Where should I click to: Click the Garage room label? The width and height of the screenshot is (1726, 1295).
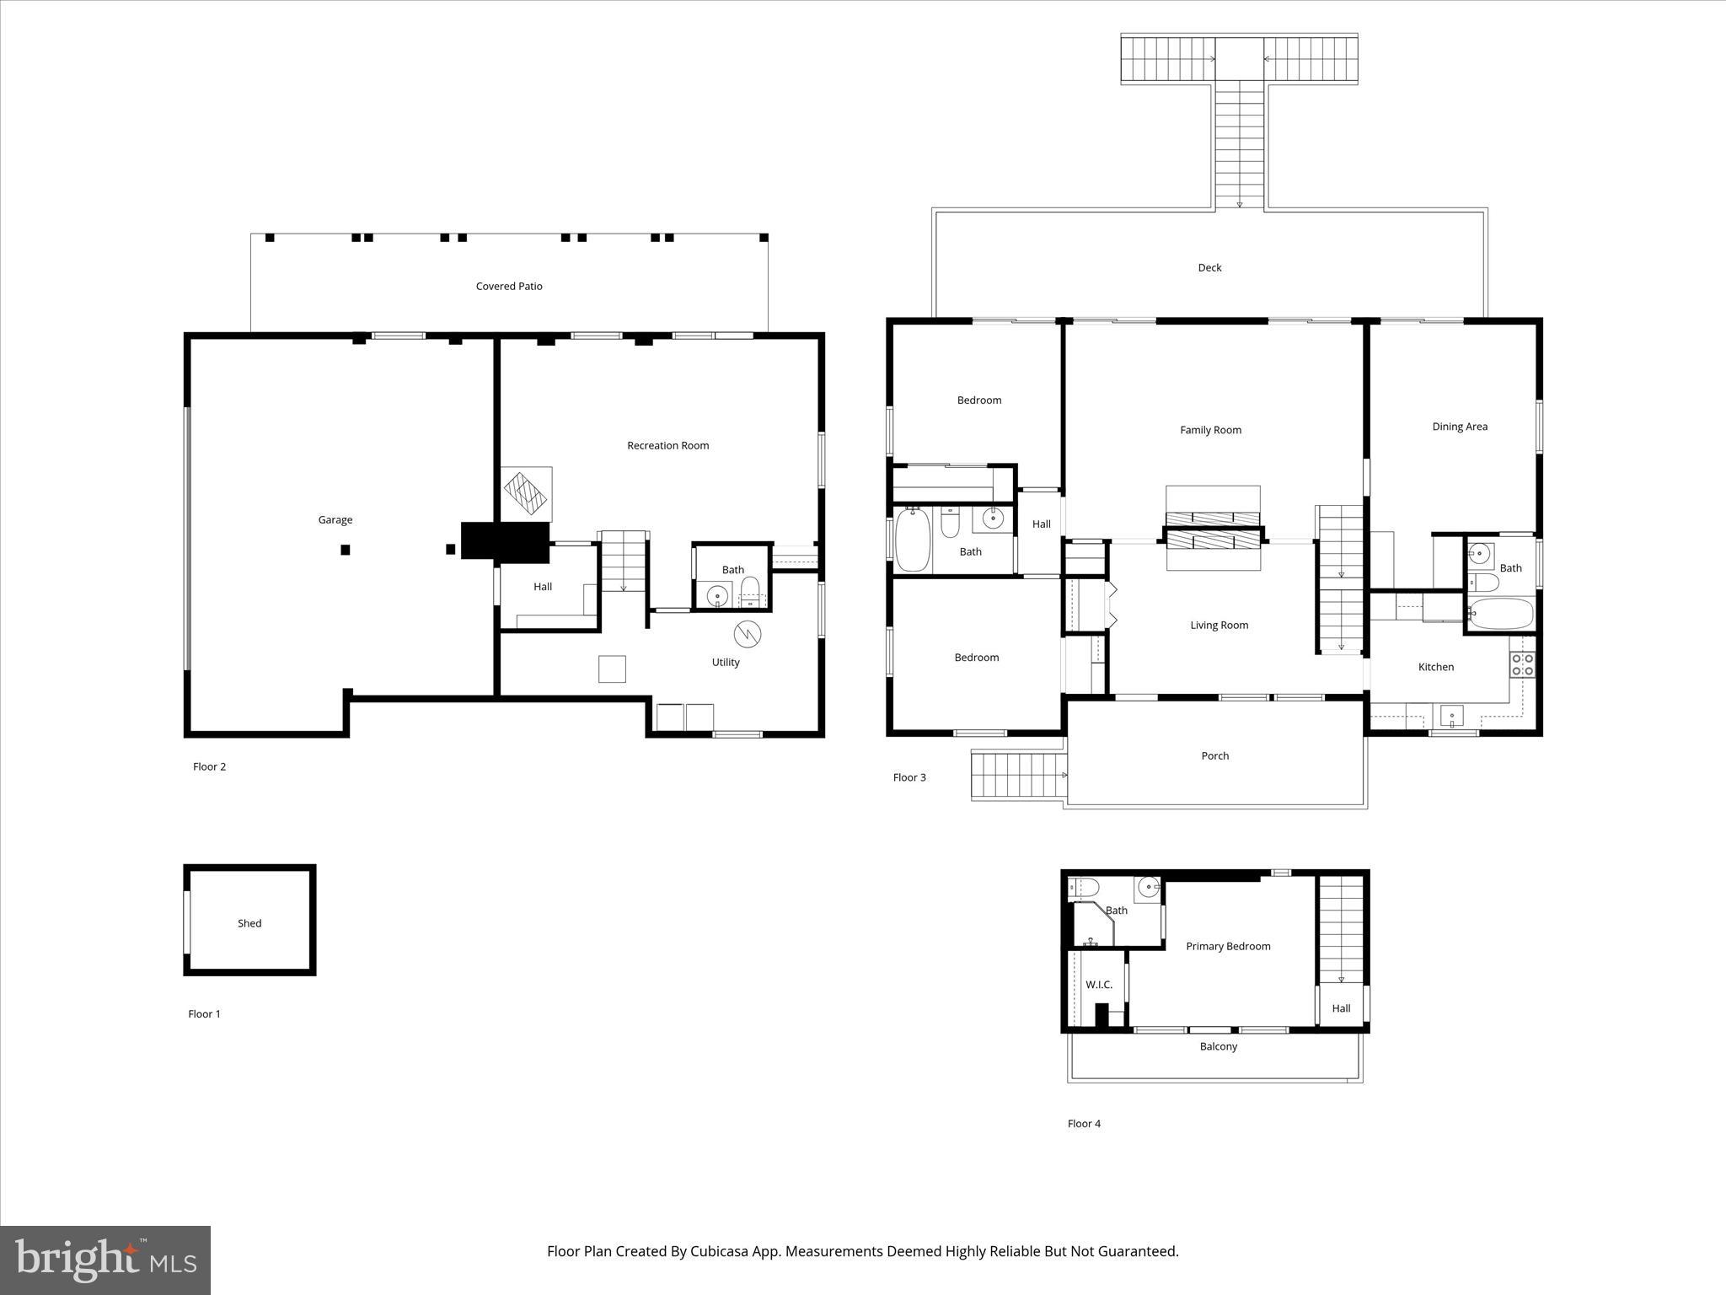[335, 520]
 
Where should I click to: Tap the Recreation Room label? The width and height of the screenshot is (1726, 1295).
[667, 446]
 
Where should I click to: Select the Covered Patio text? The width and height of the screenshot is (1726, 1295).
[508, 287]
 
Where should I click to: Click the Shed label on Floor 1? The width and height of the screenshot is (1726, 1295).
[249, 924]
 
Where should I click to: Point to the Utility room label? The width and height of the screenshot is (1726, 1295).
[725, 663]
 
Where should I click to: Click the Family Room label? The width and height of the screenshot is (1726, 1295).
[1210, 431]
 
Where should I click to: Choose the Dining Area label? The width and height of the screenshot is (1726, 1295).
[1459, 427]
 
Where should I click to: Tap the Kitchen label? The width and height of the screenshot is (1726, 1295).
[1435, 668]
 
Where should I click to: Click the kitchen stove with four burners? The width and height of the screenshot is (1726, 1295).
[1522, 664]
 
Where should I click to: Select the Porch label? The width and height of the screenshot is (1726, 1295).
[1214, 756]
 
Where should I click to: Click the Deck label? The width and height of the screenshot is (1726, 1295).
[1209, 268]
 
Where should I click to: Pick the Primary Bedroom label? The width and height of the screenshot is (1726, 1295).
[1228, 947]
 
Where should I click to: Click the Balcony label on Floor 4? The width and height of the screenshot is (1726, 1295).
[1218, 1047]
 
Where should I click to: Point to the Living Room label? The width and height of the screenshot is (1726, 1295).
[1219, 626]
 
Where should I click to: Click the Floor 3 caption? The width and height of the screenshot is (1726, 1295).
[909, 778]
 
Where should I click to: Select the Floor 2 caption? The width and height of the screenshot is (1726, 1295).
[209, 767]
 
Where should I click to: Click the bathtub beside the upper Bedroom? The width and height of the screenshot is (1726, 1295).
[912, 540]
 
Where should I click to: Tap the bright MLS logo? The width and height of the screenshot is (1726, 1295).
[105, 1260]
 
